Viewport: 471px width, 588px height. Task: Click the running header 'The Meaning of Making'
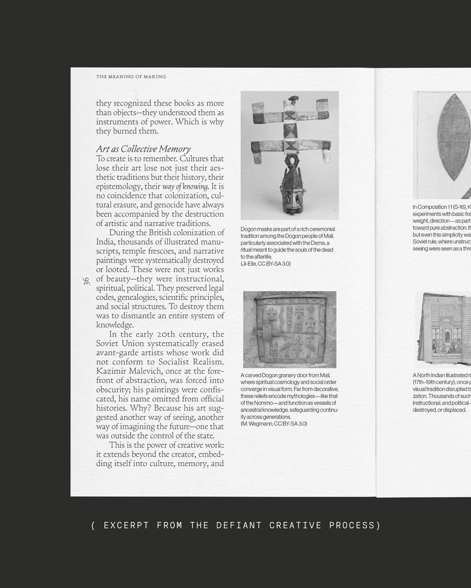click(131, 76)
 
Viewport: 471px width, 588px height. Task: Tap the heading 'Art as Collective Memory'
click(143, 149)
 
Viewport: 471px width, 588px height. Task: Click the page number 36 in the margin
click(86, 281)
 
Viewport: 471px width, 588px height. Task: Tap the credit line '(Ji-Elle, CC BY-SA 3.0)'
click(266, 264)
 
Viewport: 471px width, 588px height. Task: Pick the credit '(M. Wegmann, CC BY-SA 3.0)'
click(274, 424)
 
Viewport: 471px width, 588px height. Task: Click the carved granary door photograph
click(290, 329)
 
